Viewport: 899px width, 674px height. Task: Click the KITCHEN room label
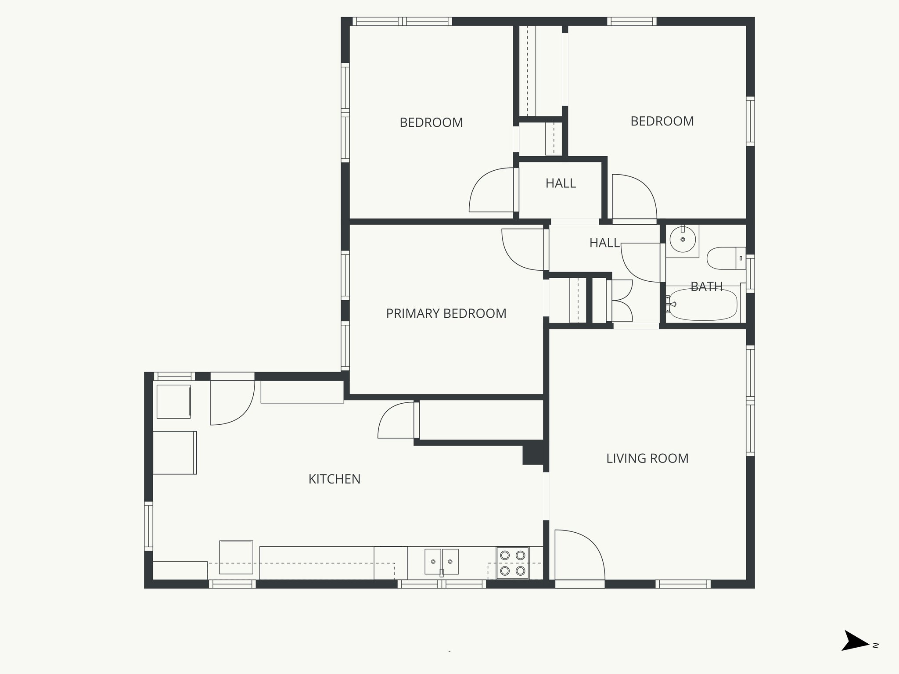coord(334,479)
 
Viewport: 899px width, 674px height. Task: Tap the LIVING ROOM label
coord(647,459)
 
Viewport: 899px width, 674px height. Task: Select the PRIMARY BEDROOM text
coord(446,314)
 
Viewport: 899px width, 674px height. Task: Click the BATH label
coord(706,287)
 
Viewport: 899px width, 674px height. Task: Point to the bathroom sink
coord(682,240)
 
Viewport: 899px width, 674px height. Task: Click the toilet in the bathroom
coord(724,258)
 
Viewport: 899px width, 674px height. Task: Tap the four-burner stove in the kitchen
coord(513,563)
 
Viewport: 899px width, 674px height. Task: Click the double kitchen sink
coord(441,562)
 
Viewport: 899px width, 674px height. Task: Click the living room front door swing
coord(579,555)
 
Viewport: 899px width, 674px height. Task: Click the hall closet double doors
coord(621,301)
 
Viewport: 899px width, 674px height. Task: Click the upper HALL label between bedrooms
coord(561,183)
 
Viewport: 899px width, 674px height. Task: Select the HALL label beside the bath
coord(604,243)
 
